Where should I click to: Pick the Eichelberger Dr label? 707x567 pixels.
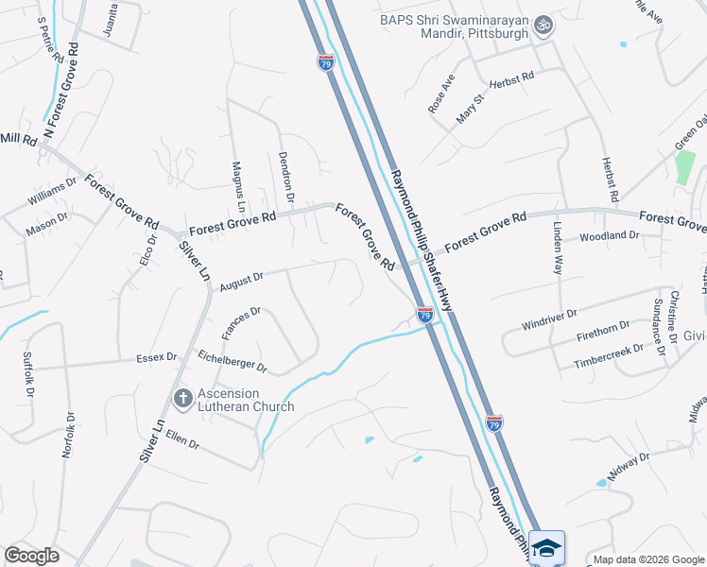(232, 360)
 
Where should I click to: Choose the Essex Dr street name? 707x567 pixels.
(157, 357)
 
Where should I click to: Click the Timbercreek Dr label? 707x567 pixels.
(608, 355)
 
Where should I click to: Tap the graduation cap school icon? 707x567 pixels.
(546, 546)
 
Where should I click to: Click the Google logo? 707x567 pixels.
(31, 556)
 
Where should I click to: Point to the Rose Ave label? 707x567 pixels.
(442, 94)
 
